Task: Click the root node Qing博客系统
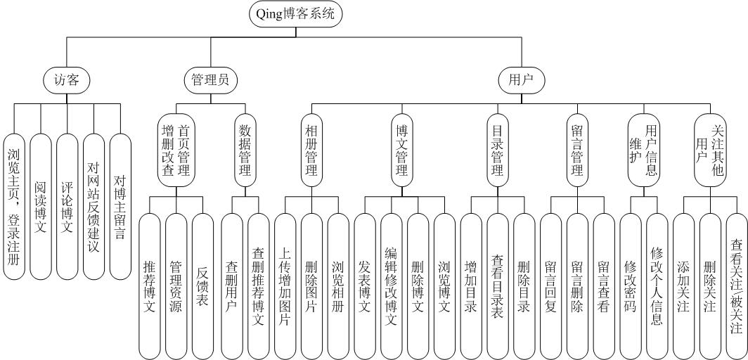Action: [296, 15]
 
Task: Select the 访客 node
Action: [67, 80]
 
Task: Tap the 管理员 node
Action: [210, 80]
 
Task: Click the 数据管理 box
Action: [245, 152]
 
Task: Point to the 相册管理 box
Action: [311, 152]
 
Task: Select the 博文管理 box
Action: [403, 152]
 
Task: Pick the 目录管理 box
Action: [496, 152]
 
